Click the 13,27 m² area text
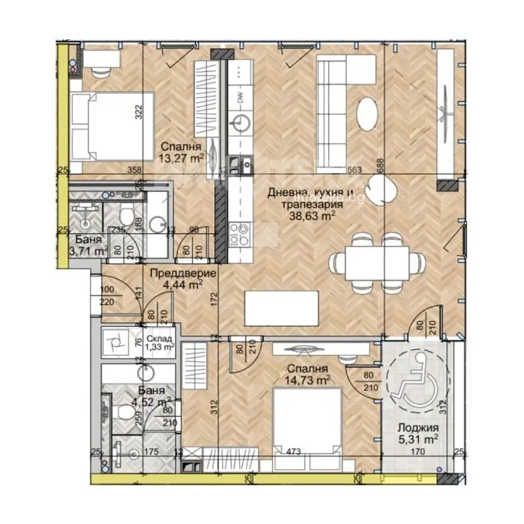tap(179, 157)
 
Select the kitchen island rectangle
tap(282, 307)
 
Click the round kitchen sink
tap(243, 122)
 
